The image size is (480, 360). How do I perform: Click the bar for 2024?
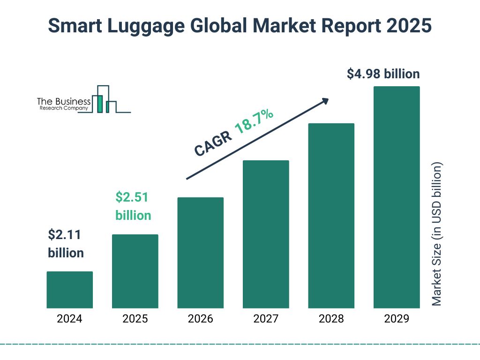[69, 290]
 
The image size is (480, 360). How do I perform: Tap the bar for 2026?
[200, 253]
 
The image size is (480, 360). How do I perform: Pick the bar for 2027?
[266, 234]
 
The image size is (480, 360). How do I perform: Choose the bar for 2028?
[331, 216]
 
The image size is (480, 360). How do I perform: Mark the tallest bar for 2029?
[397, 197]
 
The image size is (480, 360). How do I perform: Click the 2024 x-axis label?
[69, 319]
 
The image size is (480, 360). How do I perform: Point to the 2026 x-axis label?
[200, 319]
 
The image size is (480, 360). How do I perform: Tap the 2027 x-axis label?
[266, 319]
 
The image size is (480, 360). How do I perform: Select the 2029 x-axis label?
[397, 319]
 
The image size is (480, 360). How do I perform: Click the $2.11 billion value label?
[66, 244]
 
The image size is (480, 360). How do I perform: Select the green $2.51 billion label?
[133, 206]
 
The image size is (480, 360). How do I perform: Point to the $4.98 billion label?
[383, 74]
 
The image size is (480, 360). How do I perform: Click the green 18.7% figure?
[255, 121]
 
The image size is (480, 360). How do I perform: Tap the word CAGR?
[212, 143]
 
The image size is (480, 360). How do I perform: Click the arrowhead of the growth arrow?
[325, 100]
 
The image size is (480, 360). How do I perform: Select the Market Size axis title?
[437, 234]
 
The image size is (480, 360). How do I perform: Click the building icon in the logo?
[104, 99]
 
